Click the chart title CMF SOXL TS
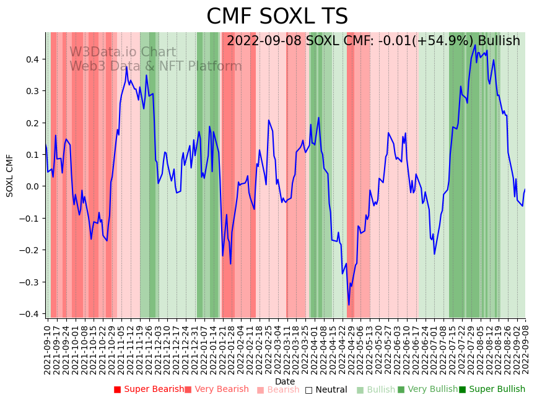pyautogui.click(x=277, y=17)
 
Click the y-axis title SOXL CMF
pyautogui.click(x=10, y=176)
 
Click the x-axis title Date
pyautogui.click(x=285, y=381)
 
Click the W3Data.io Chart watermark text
pyautogui.click(x=123, y=52)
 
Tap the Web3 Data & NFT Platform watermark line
pyautogui.click(x=155, y=66)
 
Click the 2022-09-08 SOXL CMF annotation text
pyautogui.click(x=373, y=41)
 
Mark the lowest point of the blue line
pyautogui.click(x=349, y=305)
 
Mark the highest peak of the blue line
pyautogui.click(x=475, y=45)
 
